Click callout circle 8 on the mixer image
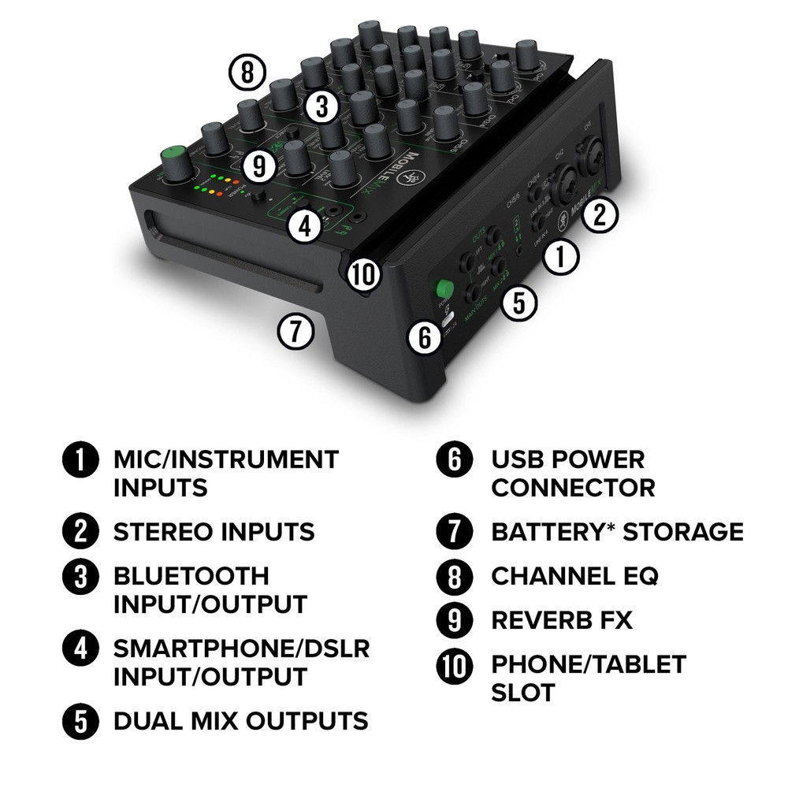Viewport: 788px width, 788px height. point(247,73)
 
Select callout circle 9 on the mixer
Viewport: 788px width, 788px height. point(259,165)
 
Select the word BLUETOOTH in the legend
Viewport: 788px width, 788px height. point(191,576)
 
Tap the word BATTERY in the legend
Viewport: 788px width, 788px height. point(552,532)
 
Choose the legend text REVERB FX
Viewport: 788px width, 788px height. point(562,620)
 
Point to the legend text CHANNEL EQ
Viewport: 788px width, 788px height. point(574,576)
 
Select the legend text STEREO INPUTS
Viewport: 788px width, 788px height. point(214,532)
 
